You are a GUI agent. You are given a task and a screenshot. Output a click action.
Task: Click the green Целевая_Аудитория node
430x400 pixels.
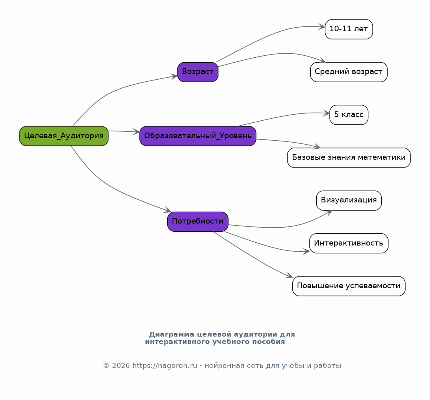(x=64, y=136)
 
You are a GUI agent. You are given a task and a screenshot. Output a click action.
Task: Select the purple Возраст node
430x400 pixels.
(x=198, y=72)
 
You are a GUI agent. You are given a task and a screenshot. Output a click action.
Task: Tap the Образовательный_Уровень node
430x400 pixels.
(x=198, y=136)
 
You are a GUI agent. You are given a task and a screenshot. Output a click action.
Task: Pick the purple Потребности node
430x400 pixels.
(x=198, y=222)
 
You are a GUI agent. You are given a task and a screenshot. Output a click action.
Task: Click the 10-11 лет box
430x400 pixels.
(x=349, y=29)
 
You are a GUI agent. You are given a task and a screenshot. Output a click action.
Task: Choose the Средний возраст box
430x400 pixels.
(x=349, y=72)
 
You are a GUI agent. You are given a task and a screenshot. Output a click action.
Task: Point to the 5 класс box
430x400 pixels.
(x=349, y=115)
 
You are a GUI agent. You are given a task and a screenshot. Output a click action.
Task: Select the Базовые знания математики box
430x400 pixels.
(x=349, y=158)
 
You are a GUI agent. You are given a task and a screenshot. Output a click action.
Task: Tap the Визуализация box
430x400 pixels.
(x=349, y=200)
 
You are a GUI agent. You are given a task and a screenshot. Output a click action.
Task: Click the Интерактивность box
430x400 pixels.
(x=349, y=243)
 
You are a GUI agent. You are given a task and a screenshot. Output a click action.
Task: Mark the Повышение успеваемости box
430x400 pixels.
(x=349, y=286)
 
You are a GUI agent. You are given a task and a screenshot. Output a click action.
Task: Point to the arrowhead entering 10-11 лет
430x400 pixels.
(x=322, y=27)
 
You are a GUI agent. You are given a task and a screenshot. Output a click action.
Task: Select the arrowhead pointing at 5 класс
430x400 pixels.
(x=326, y=113)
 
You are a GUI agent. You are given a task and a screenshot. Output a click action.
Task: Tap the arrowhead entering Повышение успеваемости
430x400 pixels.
(x=290, y=275)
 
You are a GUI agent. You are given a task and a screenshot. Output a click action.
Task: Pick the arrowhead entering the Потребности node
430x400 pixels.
(x=168, y=210)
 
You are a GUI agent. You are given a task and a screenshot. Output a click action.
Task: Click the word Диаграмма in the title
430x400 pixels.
(x=172, y=335)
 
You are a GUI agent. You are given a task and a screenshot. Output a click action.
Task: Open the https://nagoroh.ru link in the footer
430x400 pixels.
(x=165, y=366)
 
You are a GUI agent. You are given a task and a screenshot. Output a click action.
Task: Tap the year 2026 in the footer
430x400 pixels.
(x=121, y=366)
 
